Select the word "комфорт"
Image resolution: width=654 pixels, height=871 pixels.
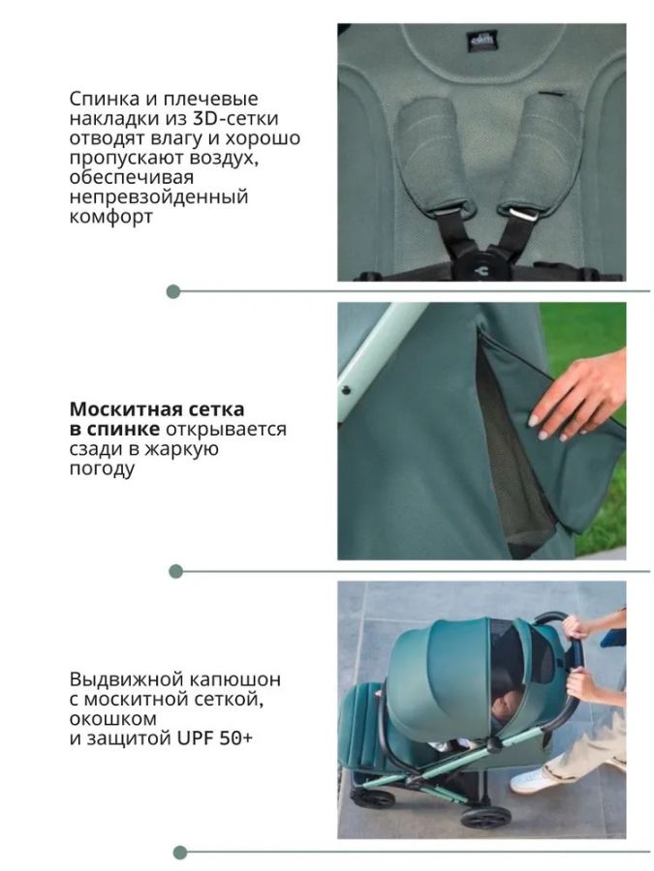[111, 217]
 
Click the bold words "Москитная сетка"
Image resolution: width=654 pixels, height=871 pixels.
[157, 409]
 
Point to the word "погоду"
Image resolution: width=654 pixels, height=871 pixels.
[102, 469]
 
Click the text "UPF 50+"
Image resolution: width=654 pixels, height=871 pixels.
[215, 738]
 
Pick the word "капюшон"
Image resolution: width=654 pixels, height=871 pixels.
[234, 679]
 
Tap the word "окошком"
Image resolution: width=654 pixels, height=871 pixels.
[113, 719]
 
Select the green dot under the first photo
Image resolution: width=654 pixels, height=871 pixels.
[173, 291]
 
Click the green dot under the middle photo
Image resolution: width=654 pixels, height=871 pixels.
[175, 571]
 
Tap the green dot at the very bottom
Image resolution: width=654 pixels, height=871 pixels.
[179, 852]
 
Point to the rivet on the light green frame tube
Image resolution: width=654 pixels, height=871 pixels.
[346, 389]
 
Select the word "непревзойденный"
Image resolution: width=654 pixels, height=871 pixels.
[159, 197]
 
